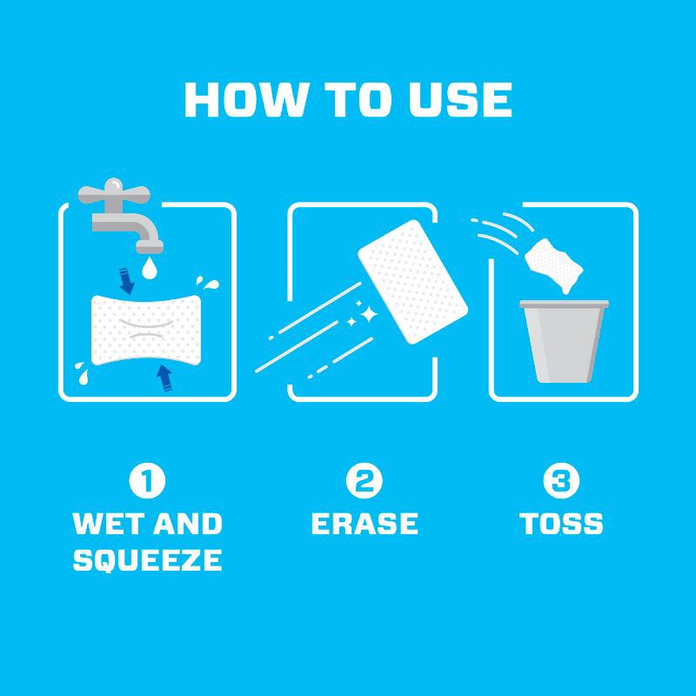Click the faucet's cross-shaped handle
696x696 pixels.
point(112,191)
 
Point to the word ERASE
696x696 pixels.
point(365,524)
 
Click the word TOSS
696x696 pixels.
point(561,524)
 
